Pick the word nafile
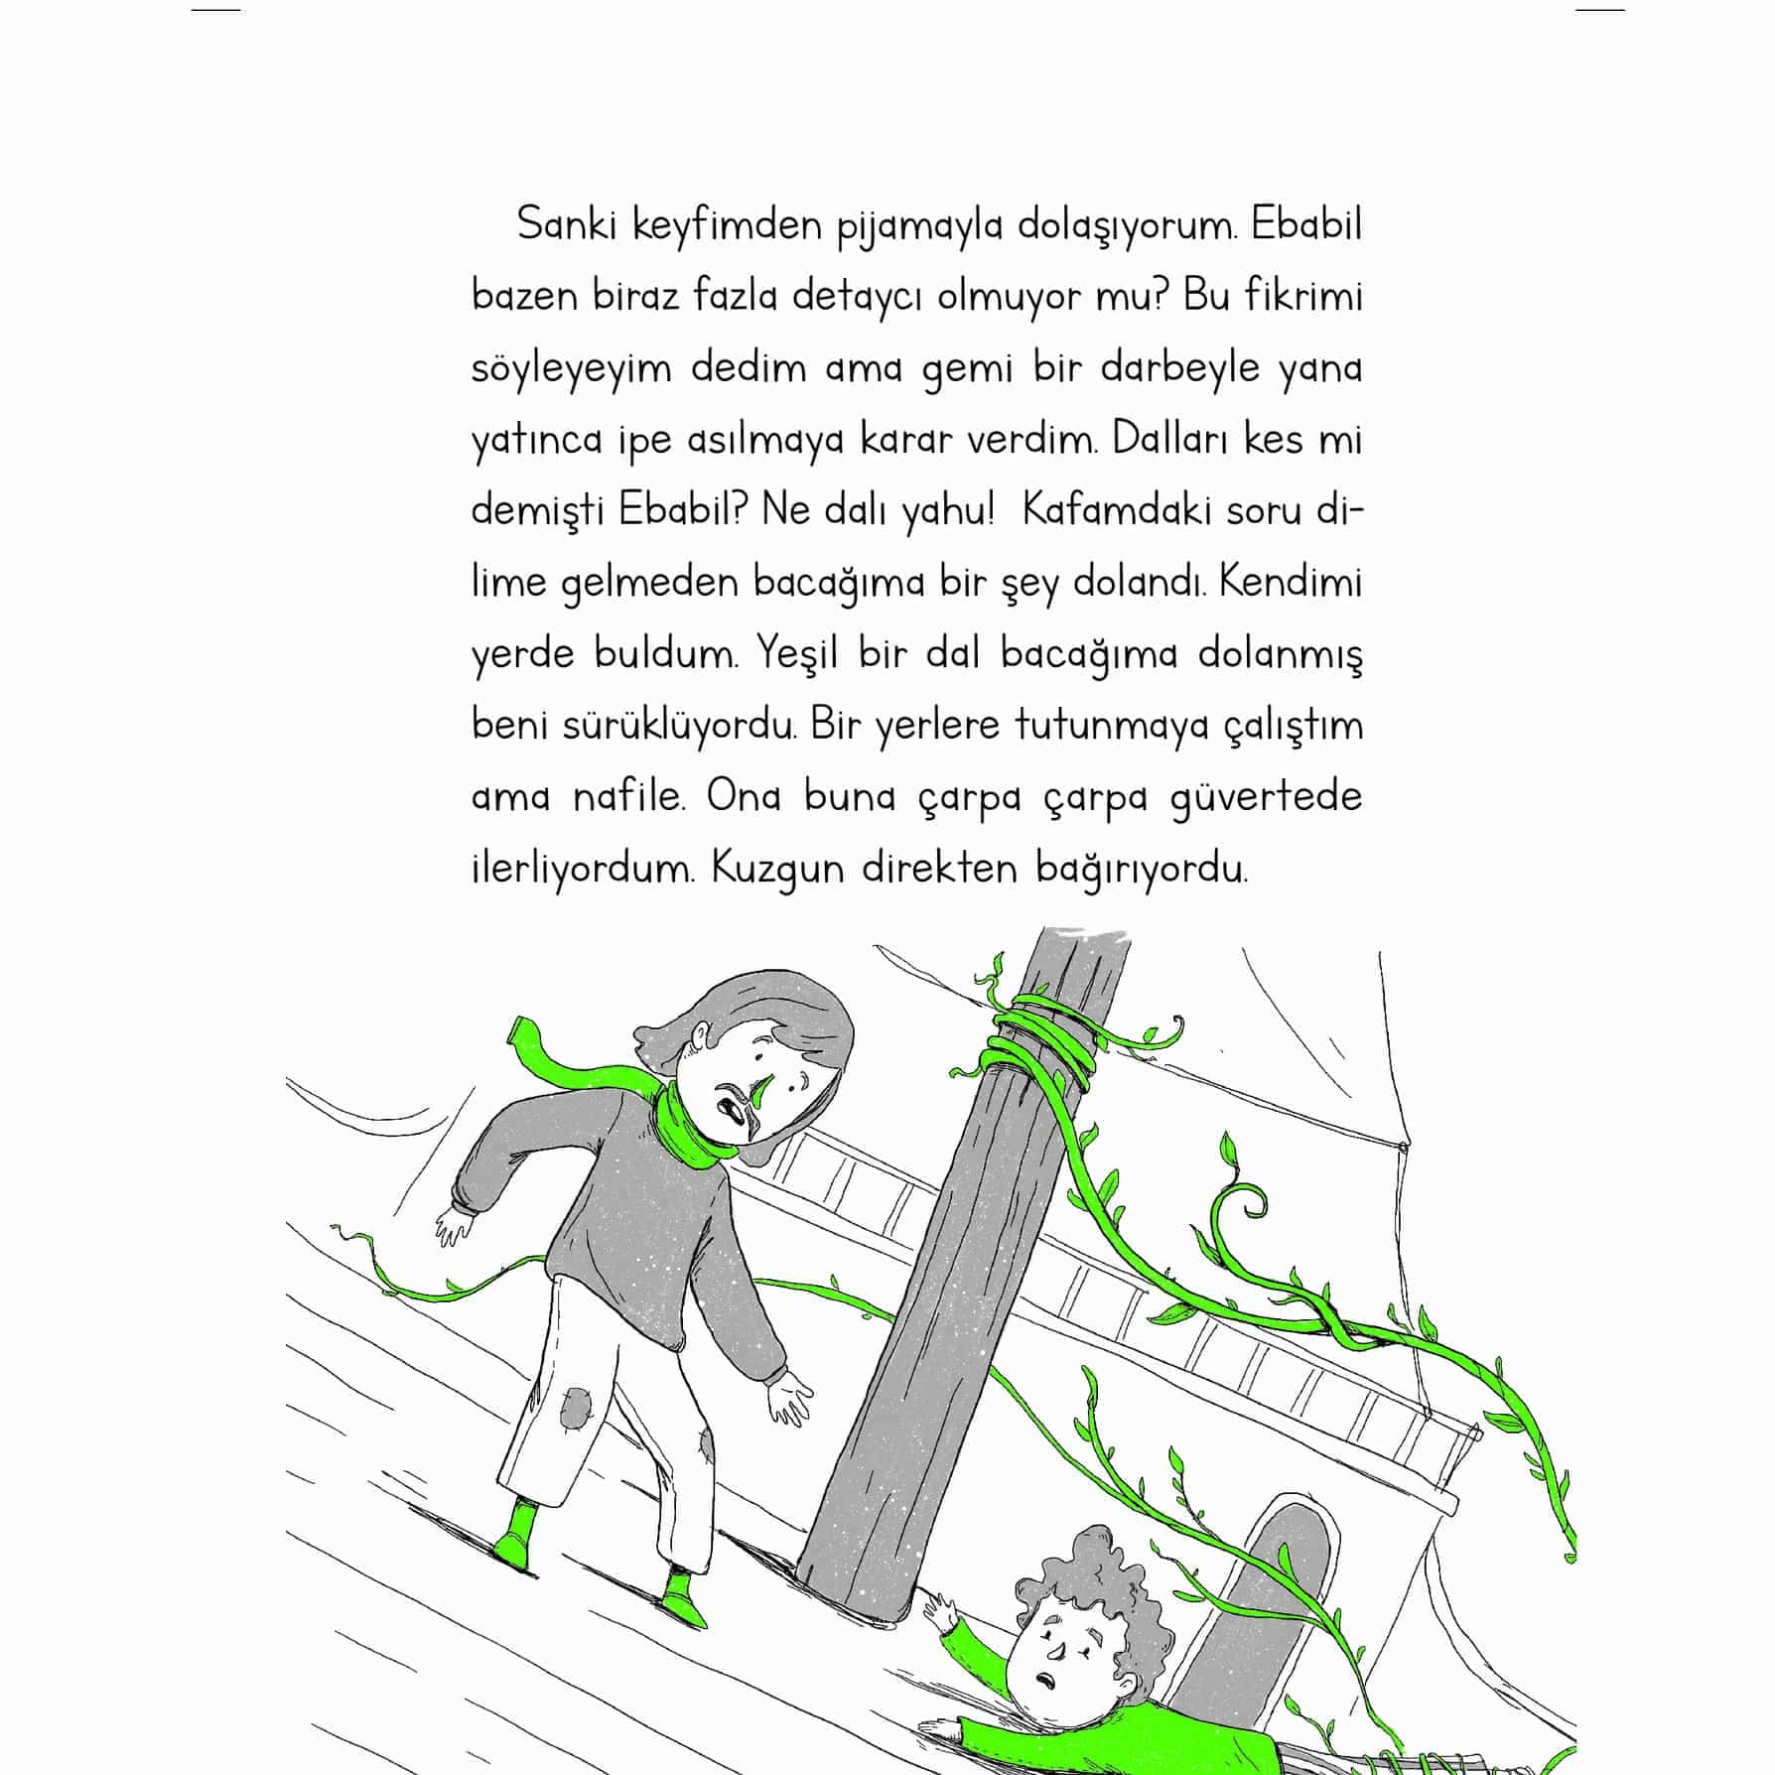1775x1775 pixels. click(629, 797)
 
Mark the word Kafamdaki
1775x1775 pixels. click(1102, 512)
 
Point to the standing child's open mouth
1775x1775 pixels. click(735, 1109)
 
